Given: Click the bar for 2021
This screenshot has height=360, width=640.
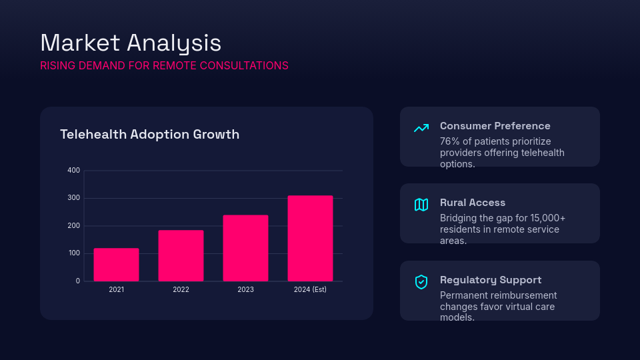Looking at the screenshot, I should click(x=116, y=265).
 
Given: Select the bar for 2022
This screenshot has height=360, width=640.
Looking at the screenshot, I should click(x=181, y=255).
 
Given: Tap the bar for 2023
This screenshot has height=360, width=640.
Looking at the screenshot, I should click(x=245, y=248).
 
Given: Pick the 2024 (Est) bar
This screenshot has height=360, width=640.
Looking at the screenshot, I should click(x=310, y=238).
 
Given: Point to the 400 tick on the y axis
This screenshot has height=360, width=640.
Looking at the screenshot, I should click(x=73, y=171).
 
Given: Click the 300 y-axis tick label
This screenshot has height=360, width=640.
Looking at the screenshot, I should click(x=73, y=198).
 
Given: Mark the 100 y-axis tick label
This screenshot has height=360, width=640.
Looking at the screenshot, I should click(x=73, y=253).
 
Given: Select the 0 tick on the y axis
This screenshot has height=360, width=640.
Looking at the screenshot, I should click(x=77, y=281).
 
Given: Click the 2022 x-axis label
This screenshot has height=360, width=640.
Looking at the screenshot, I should click(x=181, y=290).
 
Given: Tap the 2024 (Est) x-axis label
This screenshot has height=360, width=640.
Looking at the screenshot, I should click(x=310, y=290).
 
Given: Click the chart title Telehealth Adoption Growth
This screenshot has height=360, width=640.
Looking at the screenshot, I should click(x=149, y=135).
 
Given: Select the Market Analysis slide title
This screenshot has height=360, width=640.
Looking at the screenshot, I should click(x=131, y=43).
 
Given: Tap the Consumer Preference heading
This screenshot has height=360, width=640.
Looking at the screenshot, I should click(x=495, y=126).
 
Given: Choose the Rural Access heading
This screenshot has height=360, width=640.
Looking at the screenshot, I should click(x=473, y=203).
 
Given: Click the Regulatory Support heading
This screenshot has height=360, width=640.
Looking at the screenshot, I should click(x=490, y=280).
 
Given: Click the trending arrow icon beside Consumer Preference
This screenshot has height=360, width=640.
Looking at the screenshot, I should click(x=421, y=128).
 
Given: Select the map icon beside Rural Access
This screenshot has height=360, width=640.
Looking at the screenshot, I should click(x=421, y=205).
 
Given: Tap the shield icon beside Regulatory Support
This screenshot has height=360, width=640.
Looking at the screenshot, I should click(x=421, y=282).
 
